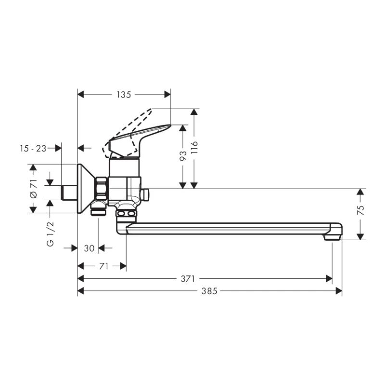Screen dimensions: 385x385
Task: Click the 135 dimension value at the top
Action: click(x=124, y=95)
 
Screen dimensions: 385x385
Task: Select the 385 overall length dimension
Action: click(x=209, y=291)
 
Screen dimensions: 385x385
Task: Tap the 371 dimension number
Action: click(x=188, y=278)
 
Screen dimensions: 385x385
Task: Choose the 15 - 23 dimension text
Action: click(x=33, y=148)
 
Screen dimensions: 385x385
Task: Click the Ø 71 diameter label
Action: click(x=33, y=188)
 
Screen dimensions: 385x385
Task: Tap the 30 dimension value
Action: click(x=89, y=248)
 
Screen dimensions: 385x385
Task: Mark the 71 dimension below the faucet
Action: click(x=103, y=266)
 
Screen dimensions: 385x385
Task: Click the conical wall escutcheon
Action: click(x=86, y=188)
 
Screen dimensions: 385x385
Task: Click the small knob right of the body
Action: click(x=145, y=194)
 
